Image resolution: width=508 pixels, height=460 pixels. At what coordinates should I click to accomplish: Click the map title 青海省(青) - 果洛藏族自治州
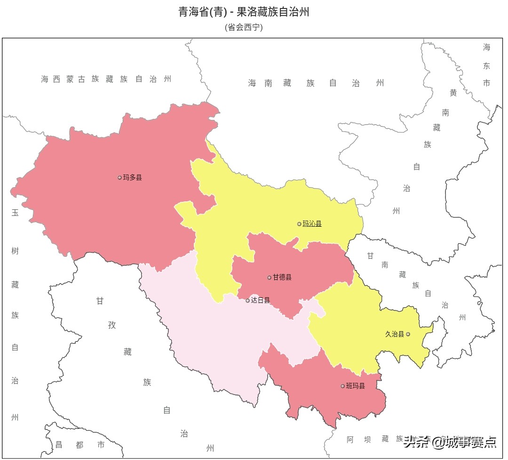(x=244, y=12)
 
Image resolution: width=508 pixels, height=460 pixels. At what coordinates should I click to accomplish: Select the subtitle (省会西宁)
(x=244, y=27)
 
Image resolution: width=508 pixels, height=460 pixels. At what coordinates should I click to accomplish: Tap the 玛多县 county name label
(x=133, y=177)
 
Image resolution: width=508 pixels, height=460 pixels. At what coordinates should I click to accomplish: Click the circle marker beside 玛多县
(x=119, y=177)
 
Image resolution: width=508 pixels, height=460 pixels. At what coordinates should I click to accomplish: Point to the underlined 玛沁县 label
(x=312, y=224)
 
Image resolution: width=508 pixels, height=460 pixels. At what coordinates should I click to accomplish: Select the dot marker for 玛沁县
(x=299, y=224)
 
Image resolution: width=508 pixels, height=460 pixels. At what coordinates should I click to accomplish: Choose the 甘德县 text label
(x=282, y=278)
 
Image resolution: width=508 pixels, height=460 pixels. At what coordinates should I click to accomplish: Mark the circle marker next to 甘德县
(x=270, y=278)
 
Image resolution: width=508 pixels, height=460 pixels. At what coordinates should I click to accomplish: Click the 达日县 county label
(x=260, y=300)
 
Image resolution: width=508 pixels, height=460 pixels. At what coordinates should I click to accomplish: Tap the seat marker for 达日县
(x=248, y=301)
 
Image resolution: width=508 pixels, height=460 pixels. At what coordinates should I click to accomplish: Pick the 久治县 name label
(x=395, y=334)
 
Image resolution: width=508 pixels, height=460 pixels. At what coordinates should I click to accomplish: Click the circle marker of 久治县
(x=408, y=334)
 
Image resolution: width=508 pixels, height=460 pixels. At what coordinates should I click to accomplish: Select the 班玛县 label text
(x=355, y=386)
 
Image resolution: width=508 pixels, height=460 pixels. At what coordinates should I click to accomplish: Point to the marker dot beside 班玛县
(x=342, y=386)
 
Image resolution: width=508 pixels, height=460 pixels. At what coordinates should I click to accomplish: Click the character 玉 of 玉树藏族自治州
(x=15, y=213)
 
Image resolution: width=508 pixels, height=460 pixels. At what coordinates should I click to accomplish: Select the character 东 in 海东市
(x=486, y=65)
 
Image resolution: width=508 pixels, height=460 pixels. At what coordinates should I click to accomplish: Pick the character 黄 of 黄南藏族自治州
(x=453, y=93)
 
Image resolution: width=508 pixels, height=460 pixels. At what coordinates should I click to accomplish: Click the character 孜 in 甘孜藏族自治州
(x=112, y=325)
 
